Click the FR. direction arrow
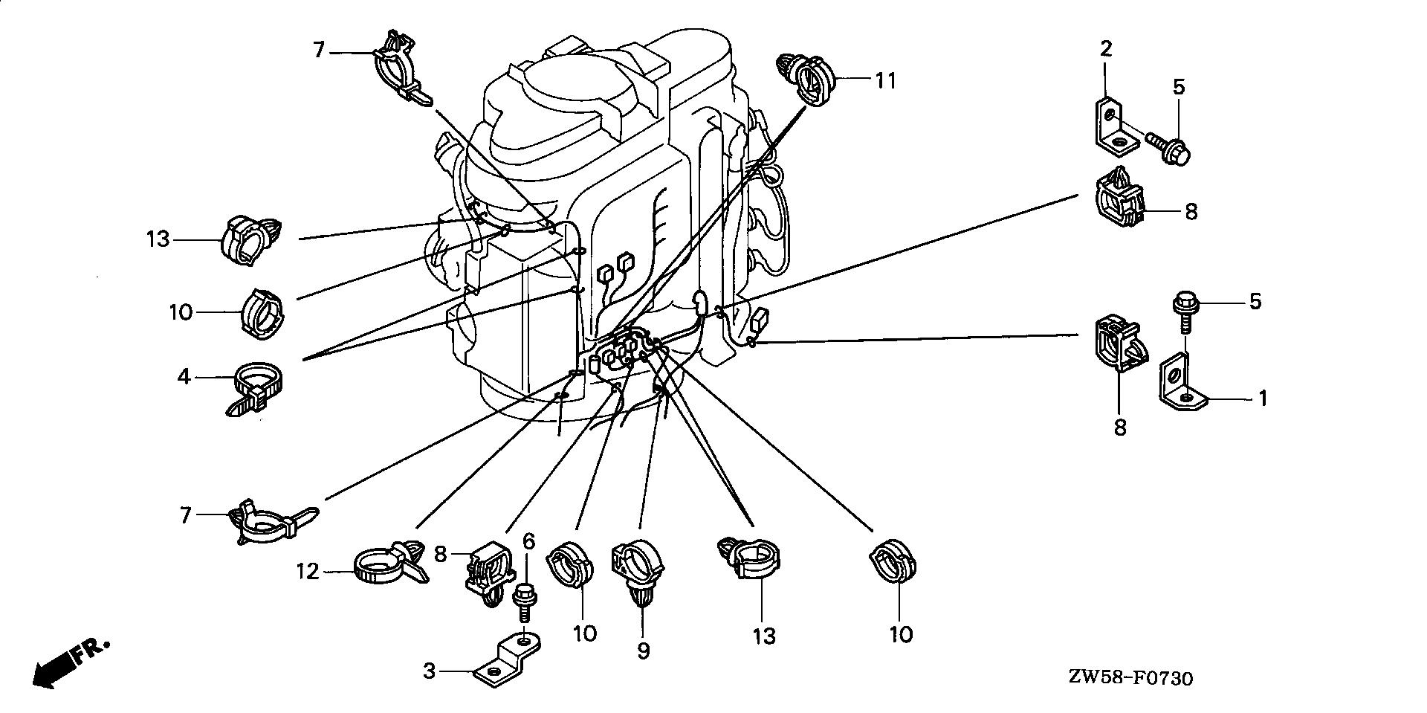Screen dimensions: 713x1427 tap(70, 661)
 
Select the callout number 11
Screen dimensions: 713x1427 tap(885, 80)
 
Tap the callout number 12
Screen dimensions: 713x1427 tap(307, 571)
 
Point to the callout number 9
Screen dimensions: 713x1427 tap(643, 651)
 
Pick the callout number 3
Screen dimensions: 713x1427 tap(429, 671)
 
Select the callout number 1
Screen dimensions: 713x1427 tap(1261, 399)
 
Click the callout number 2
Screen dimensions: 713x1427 tap(1106, 49)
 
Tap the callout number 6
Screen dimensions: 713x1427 tap(528, 541)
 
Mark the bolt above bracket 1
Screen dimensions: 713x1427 tap(1185, 312)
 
